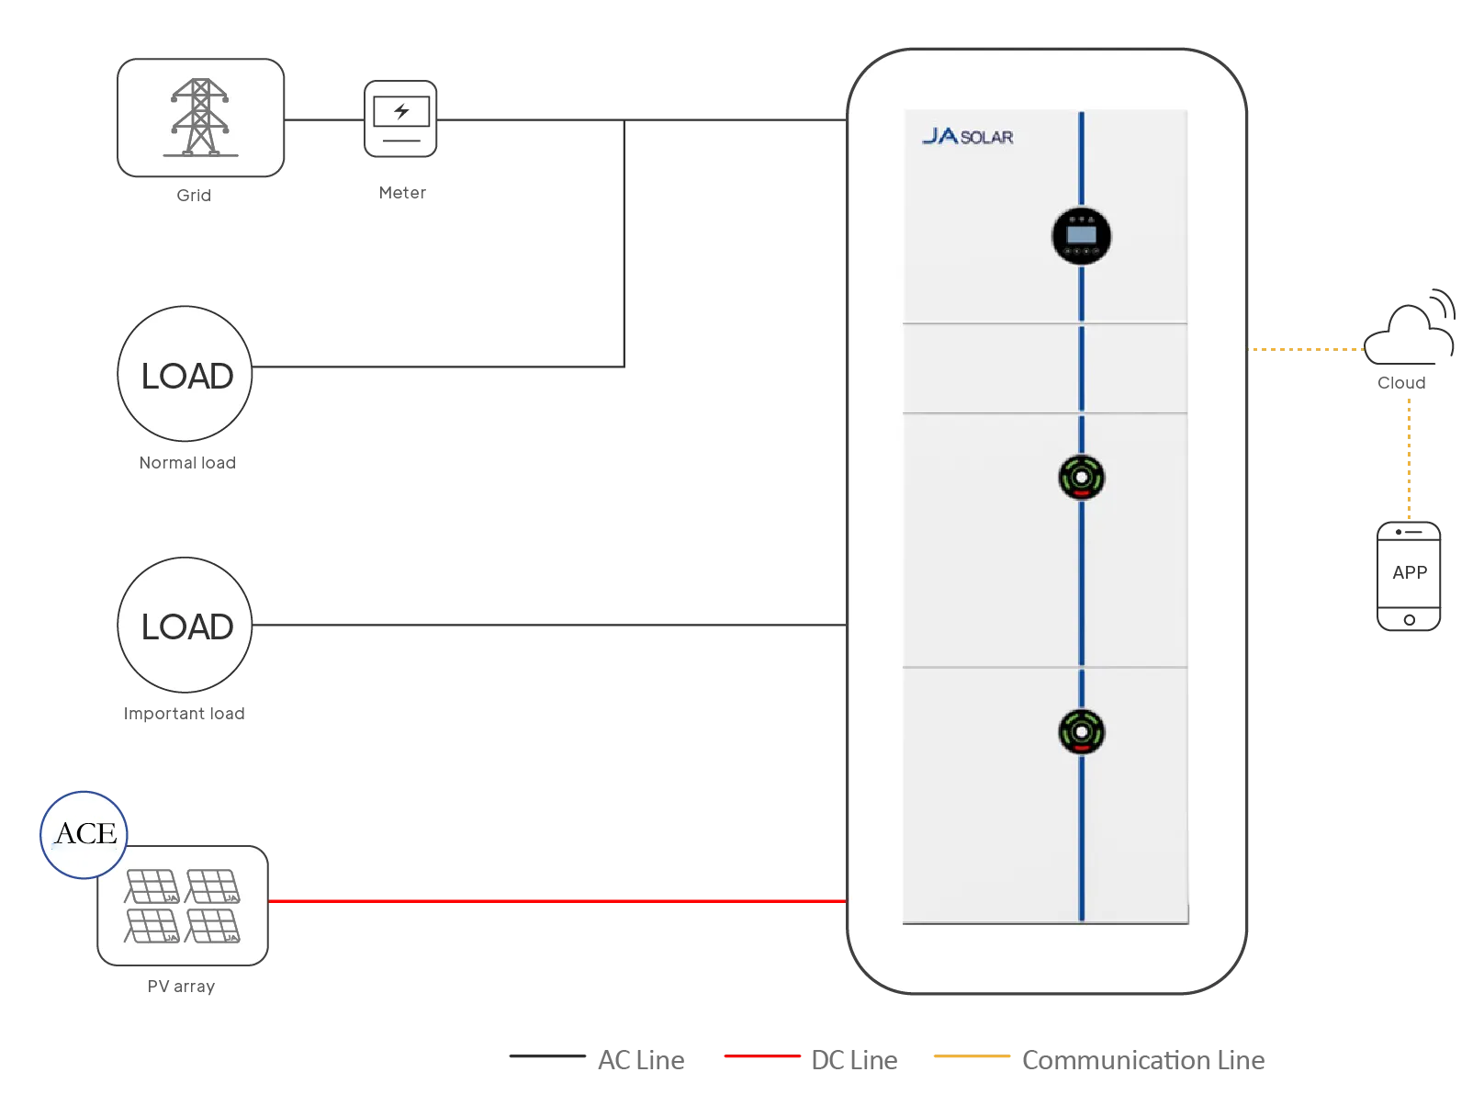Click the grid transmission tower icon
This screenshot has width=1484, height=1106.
point(200,118)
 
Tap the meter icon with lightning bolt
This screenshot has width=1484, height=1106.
point(400,118)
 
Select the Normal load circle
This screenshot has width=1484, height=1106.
point(185,374)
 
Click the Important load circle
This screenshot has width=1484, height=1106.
point(185,625)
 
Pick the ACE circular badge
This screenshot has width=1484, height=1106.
point(84,834)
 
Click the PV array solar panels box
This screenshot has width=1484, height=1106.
point(183,906)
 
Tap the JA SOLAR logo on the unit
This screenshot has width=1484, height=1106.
point(967,137)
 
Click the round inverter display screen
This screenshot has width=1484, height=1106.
point(1081,236)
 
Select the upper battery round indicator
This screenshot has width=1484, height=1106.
point(1081,478)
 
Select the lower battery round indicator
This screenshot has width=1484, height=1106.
point(1081,732)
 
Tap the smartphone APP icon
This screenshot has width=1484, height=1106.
point(1409,576)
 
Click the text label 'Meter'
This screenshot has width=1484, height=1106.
point(402,193)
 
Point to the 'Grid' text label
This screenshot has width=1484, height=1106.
point(194,196)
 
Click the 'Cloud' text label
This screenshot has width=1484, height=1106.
point(1401,383)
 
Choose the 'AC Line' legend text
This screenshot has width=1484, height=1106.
point(641,1060)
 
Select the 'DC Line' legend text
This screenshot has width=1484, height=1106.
point(854,1060)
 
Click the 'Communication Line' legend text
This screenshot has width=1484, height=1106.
point(1143,1060)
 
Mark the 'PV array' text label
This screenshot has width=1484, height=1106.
point(181,987)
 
